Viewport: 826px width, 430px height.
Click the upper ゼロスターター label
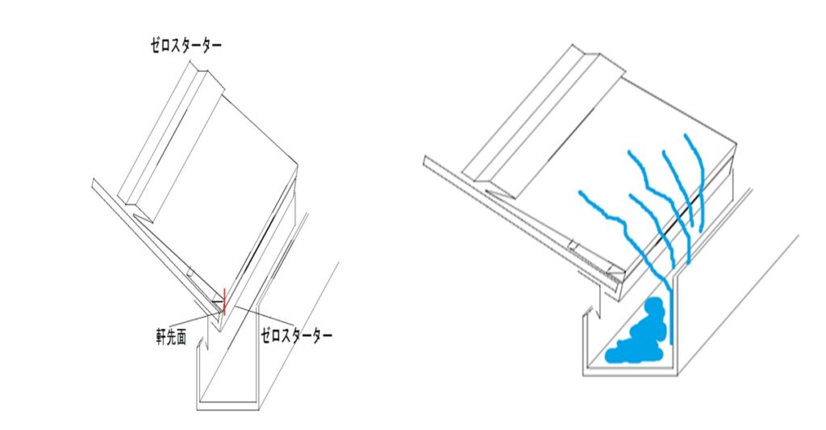point(186,45)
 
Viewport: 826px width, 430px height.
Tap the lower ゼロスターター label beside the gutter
point(297,336)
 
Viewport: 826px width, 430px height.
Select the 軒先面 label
point(171,337)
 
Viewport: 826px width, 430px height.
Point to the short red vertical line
point(225,302)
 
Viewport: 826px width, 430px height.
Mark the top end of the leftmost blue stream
point(580,192)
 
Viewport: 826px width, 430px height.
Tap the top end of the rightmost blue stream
point(686,136)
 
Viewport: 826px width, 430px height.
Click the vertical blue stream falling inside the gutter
point(670,316)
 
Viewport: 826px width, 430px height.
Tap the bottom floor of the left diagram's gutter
point(227,406)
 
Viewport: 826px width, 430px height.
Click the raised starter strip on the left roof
point(169,140)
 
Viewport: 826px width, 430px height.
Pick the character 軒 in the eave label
point(161,337)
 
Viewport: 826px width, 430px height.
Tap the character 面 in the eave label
point(181,337)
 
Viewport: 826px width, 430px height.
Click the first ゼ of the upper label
point(156,45)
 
